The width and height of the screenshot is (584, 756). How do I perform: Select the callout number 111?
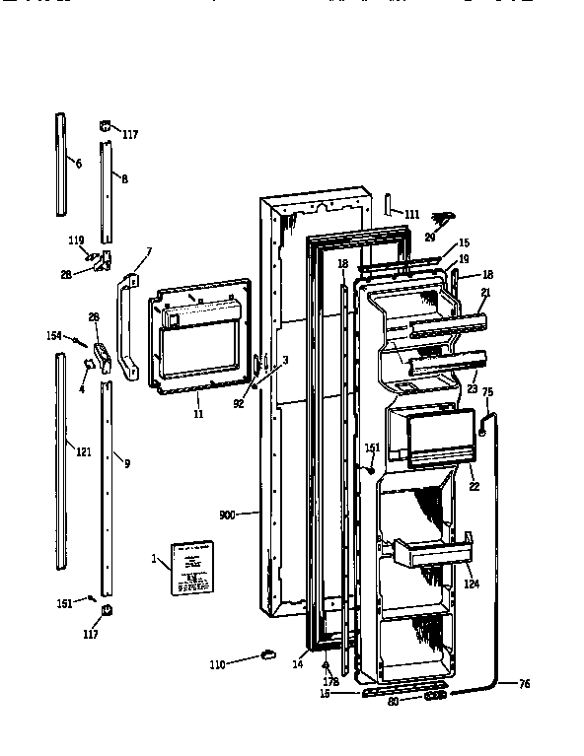(x=411, y=214)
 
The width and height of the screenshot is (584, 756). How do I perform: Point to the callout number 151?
(x=372, y=447)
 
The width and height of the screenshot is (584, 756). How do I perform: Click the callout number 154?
(x=54, y=337)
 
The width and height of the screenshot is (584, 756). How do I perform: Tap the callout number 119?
(x=76, y=240)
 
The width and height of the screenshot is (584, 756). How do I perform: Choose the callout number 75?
(x=487, y=392)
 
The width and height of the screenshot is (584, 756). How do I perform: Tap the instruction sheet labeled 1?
(x=192, y=569)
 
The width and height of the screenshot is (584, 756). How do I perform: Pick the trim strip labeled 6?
(x=61, y=163)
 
